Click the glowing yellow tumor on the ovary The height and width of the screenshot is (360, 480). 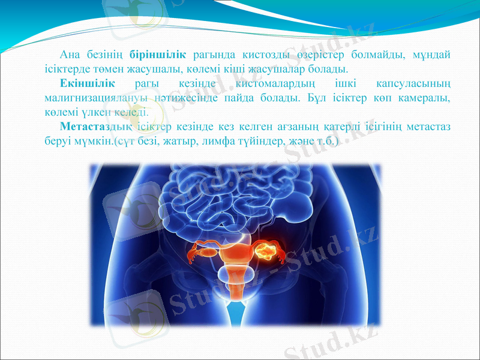[268, 247]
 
